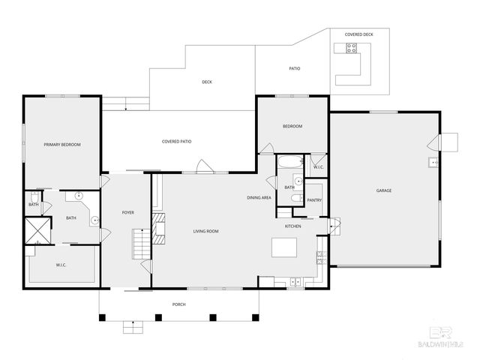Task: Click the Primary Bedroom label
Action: tap(61, 145)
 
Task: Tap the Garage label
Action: tap(383, 190)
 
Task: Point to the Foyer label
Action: tap(128, 213)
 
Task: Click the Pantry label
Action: tap(314, 200)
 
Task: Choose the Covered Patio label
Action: tap(176, 142)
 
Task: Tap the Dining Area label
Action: tap(259, 198)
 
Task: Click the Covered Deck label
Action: tap(358, 34)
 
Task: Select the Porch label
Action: tap(178, 304)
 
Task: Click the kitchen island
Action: tap(284, 247)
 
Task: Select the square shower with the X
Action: tap(37, 231)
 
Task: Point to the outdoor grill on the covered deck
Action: tap(350, 48)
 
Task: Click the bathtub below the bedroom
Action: tap(289, 161)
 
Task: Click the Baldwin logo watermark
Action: tap(447, 336)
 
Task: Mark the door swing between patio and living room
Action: tap(202, 166)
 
